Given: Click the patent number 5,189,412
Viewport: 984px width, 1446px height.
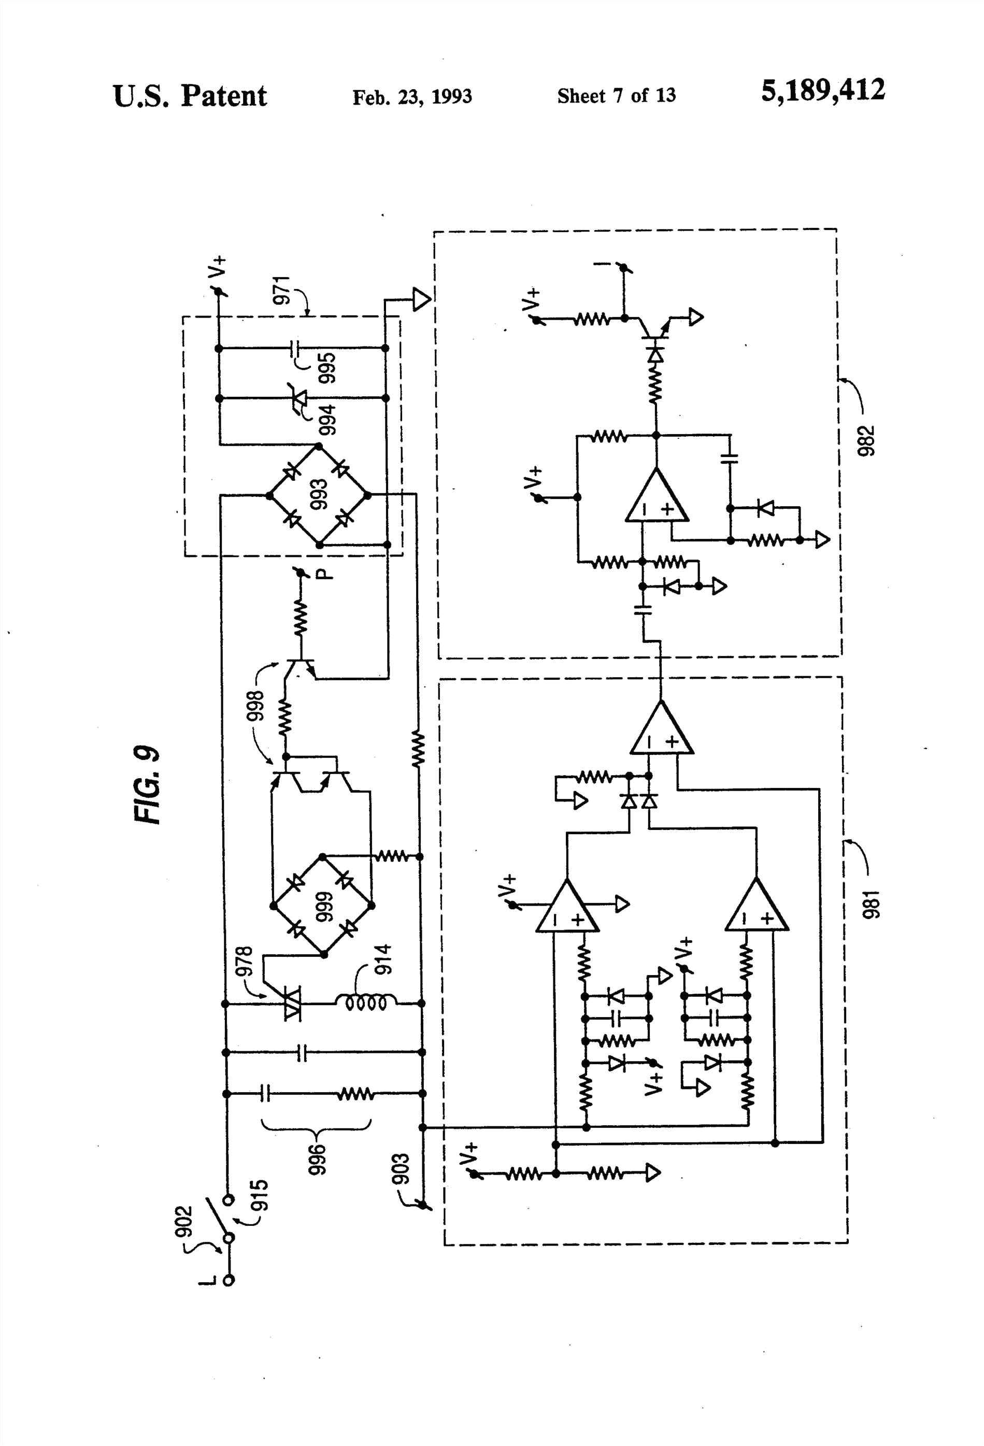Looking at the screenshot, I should [x=822, y=91].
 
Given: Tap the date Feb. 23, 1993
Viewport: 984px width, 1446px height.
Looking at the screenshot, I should [x=412, y=97].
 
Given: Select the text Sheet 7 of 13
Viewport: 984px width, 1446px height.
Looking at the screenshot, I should [x=616, y=96].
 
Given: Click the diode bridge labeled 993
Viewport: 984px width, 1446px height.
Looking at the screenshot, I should [x=318, y=495].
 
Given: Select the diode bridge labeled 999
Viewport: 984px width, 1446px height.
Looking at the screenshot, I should [x=322, y=905].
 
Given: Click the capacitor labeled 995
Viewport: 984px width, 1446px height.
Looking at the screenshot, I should [x=296, y=349].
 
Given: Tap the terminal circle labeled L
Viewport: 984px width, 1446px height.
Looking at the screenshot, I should [x=229, y=1281].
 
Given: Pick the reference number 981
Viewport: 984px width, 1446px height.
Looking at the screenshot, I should [x=872, y=905].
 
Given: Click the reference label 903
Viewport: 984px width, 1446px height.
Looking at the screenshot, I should [x=402, y=1168].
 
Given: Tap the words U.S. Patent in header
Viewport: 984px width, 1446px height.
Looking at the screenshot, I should [x=190, y=96].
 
